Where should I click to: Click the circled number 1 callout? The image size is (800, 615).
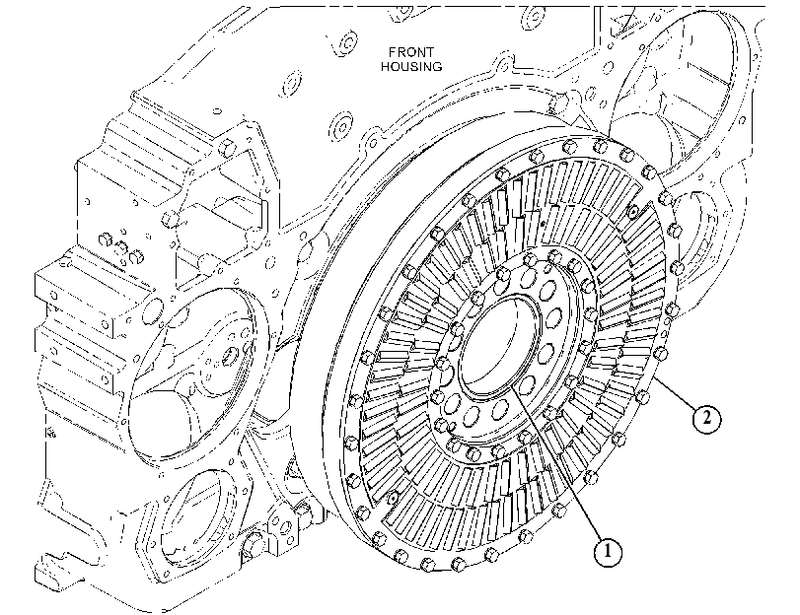[x=608, y=552]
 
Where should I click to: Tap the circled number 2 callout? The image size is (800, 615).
[x=706, y=418]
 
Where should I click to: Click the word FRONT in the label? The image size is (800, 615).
[x=411, y=52]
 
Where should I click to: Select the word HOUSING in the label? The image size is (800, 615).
[x=411, y=66]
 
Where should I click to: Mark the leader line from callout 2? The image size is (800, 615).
[x=675, y=391]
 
